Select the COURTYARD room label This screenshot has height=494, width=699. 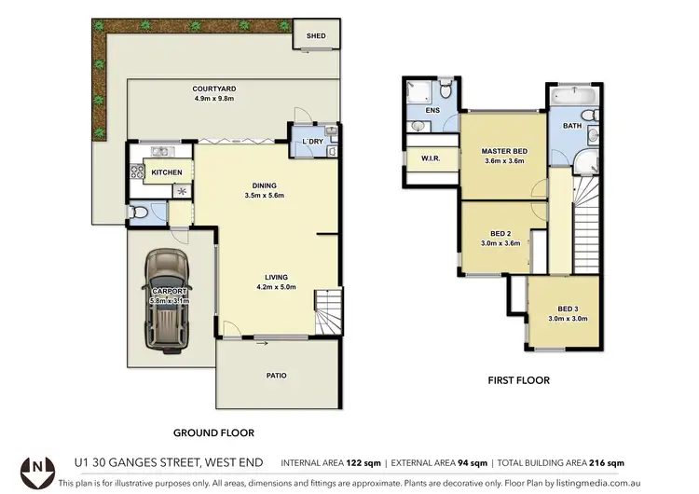pyautogui.click(x=212, y=89)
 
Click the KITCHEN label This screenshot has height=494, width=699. pyautogui.click(x=167, y=172)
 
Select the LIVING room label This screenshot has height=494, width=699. pyautogui.click(x=275, y=277)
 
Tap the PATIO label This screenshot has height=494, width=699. pyautogui.click(x=276, y=376)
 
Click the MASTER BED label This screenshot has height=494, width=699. pyautogui.click(x=504, y=151)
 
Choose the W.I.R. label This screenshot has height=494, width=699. pyautogui.click(x=431, y=158)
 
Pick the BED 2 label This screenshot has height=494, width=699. pyautogui.click(x=500, y=233)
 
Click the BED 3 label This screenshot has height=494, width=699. pyautogui.click(x=568, y=309)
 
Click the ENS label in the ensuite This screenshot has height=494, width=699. pyautogui.click(x=432, y=110)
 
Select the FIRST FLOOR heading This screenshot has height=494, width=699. pyautogui.click(x=519, y=380)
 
